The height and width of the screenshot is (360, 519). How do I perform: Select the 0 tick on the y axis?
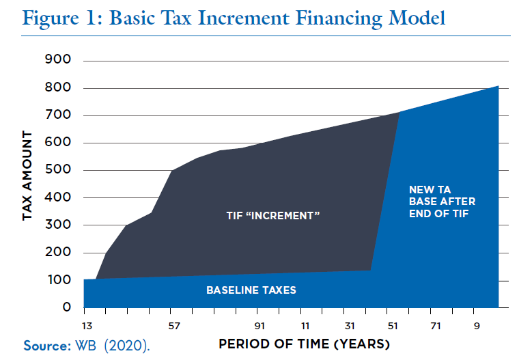click(x=68, y=308)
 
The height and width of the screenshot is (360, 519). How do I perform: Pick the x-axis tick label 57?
click(x=174, y=325)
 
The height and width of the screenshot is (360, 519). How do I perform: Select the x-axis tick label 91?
click(x=260, y=325)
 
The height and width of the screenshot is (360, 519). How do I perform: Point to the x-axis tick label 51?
click(x=393, y=325)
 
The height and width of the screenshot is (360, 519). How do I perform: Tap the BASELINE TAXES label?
click(x=251, y=290)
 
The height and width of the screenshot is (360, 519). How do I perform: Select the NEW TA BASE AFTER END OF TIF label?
click(x=442, y=202)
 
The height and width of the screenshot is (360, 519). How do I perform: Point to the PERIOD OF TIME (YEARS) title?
click(x=305, y=342)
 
